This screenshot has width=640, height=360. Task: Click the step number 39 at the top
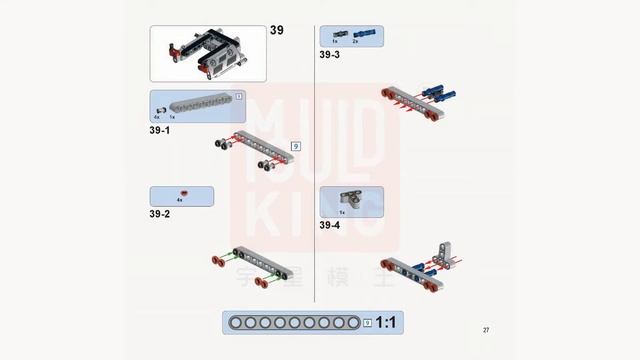[277, 30]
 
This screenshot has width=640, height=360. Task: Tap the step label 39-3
[330, 54]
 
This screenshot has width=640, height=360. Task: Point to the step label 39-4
[330, 226]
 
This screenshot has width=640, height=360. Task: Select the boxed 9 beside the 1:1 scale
[368, 323]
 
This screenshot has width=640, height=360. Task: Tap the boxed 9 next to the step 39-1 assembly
[295, 146]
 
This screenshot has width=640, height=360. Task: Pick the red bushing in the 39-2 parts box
[181, 193]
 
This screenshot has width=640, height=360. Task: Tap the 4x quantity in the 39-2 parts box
[180, 201]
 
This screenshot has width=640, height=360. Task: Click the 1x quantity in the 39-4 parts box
[342, 212]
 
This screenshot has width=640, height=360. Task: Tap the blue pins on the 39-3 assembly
[439, 95]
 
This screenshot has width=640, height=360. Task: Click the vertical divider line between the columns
[315, 160]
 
